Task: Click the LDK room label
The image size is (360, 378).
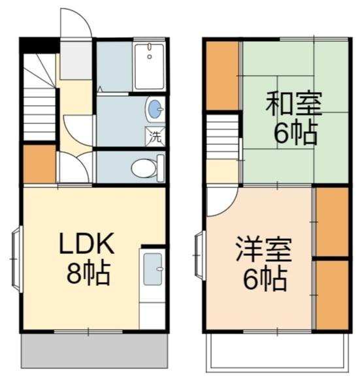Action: click(x=87, y=244)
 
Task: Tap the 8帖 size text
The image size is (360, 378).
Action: click(x=88, y=273)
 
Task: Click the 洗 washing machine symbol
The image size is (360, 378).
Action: click(x=155, y=137)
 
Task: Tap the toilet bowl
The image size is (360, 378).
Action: click(x=146, y=168)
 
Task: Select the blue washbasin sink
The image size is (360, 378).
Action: click(x=155, y=110)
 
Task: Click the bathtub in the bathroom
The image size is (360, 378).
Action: click(x=150, y=67)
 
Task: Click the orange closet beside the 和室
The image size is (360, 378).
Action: click(x=222, y=75)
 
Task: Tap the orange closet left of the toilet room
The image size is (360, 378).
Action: click(x=39, y=164)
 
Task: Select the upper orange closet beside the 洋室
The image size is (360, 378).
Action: click(x=331, y=222)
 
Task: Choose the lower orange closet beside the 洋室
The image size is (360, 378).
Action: click(x=331, y=294)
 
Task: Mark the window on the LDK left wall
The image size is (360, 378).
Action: click(x=16, y=258)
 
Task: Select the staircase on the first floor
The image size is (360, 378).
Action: click(x=39, y=98)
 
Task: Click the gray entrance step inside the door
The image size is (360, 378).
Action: click(x=77, y=60)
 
